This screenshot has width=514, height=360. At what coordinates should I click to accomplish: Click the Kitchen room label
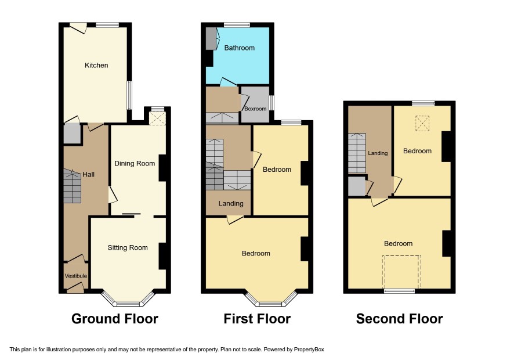click(x=96, y=65)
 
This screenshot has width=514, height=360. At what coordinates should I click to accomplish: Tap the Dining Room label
click(x=135, y=163)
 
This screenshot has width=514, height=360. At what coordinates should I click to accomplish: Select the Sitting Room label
click(x=128, y=248)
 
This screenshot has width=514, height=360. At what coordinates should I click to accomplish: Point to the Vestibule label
click(x=76, y=276)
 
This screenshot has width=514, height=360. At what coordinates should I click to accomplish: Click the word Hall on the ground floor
click(x=89, y=175)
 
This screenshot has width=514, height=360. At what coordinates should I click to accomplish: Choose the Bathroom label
click(x=239, y=48)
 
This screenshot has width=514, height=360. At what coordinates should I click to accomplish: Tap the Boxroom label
click(x=255, y=109)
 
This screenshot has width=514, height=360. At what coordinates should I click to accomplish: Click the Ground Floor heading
click(x=115, y=319)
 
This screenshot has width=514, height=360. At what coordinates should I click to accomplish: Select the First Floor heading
click(x=257, y=319)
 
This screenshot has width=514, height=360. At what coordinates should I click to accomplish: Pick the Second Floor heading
click(x=399, y=319)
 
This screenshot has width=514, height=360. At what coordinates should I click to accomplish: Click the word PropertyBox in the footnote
click(x=309, y=350)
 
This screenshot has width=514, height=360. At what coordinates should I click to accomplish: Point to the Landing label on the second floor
click(x=378, y=153)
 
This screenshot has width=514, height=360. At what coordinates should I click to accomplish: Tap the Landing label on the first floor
click(x=231, y=203)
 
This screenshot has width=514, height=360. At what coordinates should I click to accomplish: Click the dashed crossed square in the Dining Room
click(x=157, y=118)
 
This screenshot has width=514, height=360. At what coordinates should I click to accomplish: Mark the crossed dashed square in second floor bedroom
click(x=422, y=124)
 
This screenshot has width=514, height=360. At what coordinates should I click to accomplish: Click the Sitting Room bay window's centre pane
click(x=128, y=304)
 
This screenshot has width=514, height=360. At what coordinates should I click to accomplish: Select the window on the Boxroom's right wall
click(x=272, y=103)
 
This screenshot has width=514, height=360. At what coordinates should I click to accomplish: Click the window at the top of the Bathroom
click(x=237, y=25)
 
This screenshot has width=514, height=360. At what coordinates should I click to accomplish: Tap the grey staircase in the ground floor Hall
click(x=72, y=186)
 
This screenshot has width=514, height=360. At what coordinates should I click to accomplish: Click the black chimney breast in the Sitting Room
click(x=162, y=256)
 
